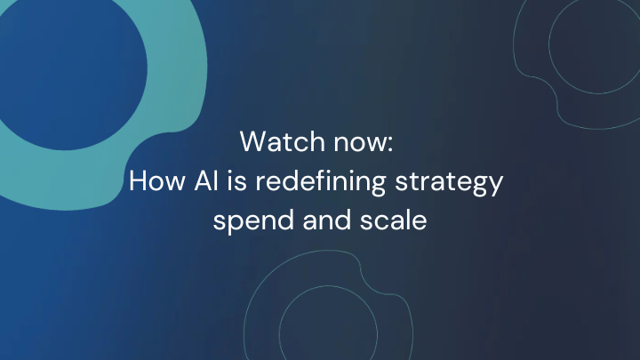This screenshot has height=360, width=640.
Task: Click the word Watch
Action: pos(276,141)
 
